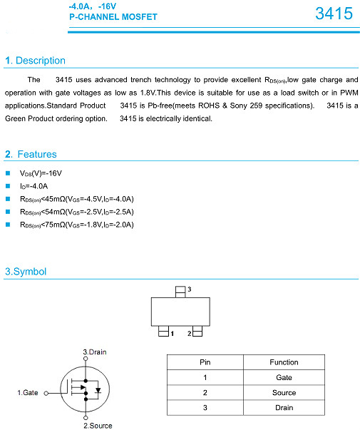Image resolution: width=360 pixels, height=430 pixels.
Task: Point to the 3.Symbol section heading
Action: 26,272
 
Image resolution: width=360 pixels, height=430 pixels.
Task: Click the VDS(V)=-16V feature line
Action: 41,173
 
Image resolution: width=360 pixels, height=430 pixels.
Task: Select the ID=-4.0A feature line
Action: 34,186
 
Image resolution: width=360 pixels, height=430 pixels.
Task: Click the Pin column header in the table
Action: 205,362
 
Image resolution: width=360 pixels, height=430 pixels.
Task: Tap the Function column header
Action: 284,362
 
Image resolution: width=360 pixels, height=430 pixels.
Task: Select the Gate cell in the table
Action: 284,378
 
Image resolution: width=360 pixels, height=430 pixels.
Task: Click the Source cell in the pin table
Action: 284,393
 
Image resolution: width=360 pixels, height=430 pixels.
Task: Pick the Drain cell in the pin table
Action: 284,408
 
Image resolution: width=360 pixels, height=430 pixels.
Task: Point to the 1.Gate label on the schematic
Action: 29,392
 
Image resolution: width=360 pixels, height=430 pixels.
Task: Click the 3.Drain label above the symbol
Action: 95,352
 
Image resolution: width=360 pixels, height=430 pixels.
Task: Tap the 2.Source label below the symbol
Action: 97,426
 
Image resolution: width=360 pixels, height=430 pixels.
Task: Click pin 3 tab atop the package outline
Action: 180,292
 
